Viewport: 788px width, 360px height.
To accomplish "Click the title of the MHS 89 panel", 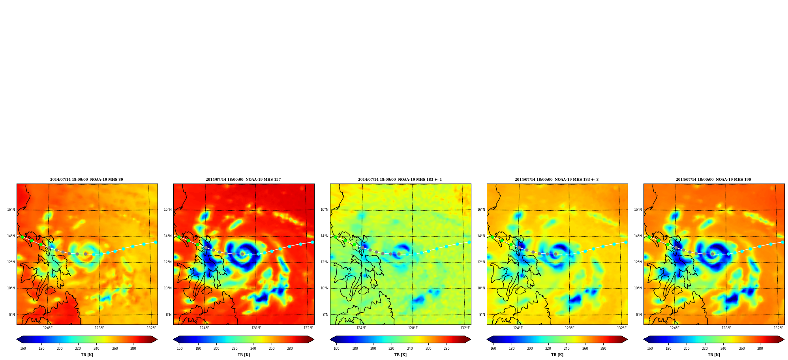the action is pyautogui.click(x=86, y=180).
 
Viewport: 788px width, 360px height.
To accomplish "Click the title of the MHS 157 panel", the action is pyautogui.click(x=243, y=180).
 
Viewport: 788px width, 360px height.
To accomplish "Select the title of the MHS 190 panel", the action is pyautogui.click(x=713, y=180).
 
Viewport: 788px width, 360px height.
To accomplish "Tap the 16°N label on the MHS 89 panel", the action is pyautogui.click(x=11, y=210).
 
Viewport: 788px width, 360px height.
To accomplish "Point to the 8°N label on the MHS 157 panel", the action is pyautogui.click(x=169, y=315).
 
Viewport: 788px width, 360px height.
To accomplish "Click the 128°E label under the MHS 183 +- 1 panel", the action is pyautogui.click(x=413, y=328).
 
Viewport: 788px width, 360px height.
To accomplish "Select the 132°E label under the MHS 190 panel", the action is pyautogui.click(x=779, y=328).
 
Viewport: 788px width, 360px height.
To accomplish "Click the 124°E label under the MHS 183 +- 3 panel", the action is pyautogui.click(x=518, y=328).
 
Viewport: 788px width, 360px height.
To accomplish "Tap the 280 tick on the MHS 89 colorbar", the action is pyautogui.click(x=133, y=349).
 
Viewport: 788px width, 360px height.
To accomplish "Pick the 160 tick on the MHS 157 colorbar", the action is pyautogui.click(x=180, y=349).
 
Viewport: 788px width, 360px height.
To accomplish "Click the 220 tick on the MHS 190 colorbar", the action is pyautogui.click(x=705, y=349).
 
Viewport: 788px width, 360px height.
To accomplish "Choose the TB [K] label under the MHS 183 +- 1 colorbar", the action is pyautogui.click(x=400, y=355).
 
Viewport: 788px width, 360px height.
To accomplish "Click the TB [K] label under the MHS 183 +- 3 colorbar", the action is pyautogui.click(x=557, y=355).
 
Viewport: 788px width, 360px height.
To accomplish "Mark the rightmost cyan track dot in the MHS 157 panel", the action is pyautogui.click(x=312, y=242).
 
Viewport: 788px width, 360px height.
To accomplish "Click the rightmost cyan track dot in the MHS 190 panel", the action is pyautogui.click(x=782, y=242).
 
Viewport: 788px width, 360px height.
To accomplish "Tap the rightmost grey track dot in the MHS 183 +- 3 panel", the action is pyautogui.click(x=555, y=254).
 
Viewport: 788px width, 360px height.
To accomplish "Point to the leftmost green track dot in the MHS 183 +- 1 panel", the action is pyautogui.click(x=336, y=237).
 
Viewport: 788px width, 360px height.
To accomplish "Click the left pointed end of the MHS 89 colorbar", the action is pyautogui.click(x=17, y=339).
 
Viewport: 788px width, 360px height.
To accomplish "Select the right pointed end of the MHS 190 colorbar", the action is pyautogui.click(x=784, y=339).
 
